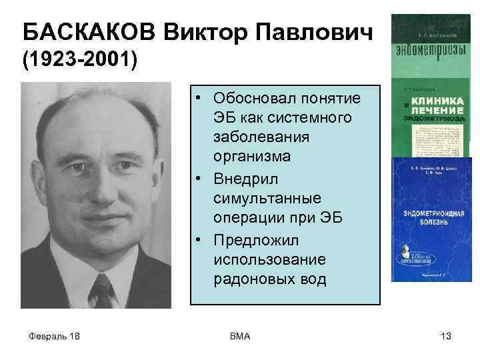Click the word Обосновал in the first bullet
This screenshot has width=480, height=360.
coord(255,99)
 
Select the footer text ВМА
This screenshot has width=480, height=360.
coord(239,336)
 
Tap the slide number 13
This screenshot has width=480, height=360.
coord(446,336)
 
